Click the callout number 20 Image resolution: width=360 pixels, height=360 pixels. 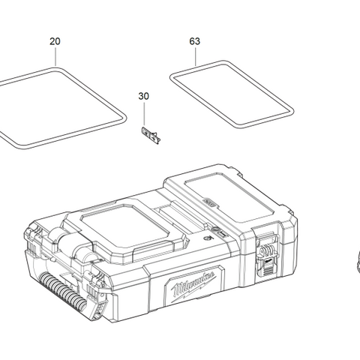point(55,41)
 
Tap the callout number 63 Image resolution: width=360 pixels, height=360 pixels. point(195,41)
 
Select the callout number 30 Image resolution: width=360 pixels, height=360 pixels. point(144,96)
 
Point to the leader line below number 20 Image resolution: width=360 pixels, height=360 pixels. point(55,58)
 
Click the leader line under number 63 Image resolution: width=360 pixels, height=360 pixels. point(195,58)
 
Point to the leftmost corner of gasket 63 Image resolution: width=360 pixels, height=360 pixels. point(171,76)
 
